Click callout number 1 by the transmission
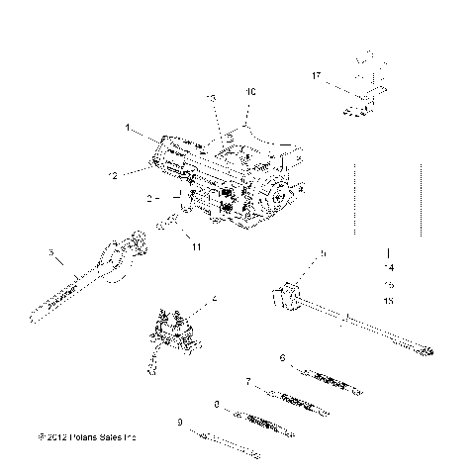(x=128, y=129)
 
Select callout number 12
(x=113, y=174)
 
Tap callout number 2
(x=149, y=199)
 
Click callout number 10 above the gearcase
(x=250, y=91)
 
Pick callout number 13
(x=210, y=98)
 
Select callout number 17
(x=316, y=75)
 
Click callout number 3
(x=50, y=253)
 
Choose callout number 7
(x=246, y=381)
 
